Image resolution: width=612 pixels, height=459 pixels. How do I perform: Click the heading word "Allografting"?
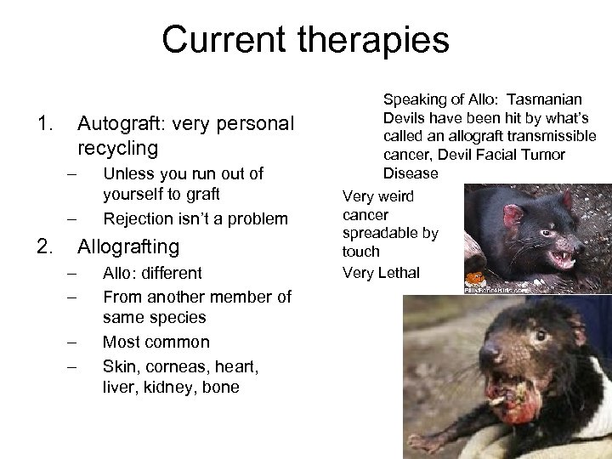click(x=128, y=247)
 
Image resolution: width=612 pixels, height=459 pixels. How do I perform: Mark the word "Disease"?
click(x=410, y=173)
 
